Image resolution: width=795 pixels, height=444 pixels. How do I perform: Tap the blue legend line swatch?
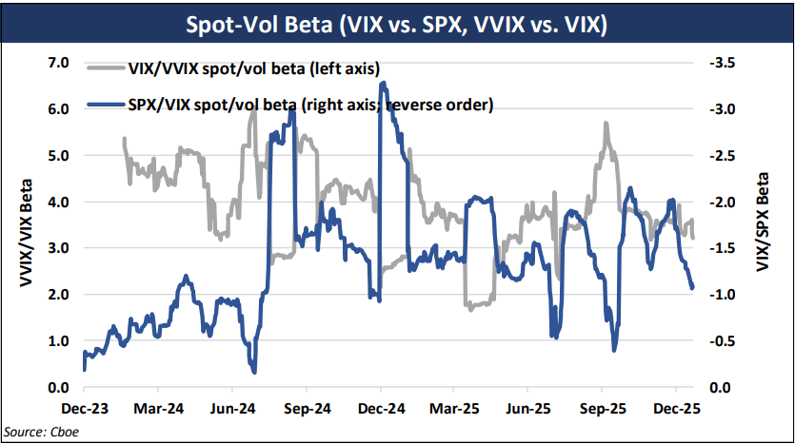(105, 105)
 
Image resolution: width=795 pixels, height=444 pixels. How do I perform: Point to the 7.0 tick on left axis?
(59, 63)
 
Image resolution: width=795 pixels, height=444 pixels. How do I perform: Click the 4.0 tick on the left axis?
(59, 202)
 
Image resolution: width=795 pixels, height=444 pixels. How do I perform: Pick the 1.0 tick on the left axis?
(59, 340)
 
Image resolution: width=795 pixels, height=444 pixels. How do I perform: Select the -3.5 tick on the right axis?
(721, 63)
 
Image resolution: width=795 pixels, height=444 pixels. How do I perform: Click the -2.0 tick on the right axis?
(721, 202)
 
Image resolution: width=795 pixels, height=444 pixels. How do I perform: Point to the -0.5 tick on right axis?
(721, 340)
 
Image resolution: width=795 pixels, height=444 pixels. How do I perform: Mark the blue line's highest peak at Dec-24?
(382, 83)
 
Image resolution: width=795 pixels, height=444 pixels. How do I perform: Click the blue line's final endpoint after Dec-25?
(692, 287)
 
